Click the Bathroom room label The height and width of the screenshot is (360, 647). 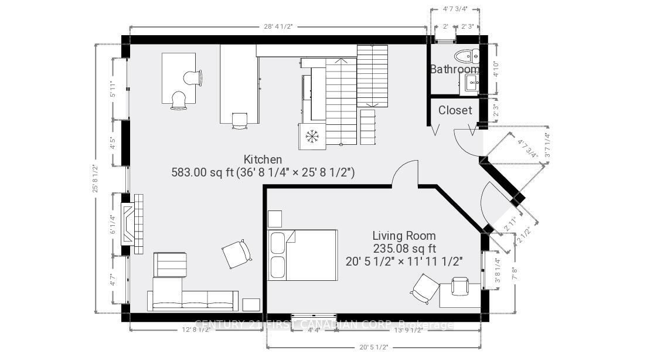coord(455,69)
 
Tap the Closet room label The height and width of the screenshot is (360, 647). coord(455,110)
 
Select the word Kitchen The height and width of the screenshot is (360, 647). coord(263,159)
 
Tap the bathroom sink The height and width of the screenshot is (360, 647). coord(472,84)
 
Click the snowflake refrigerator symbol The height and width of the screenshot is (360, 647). coord(312,137)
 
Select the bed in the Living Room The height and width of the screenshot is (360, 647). coord(302,254)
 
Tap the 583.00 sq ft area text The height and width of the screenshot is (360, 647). coord(263,172)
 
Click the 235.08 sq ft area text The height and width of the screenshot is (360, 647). coord(404,248)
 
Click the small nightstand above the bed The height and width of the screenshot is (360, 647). coord(275,219)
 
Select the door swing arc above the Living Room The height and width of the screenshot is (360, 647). coord(404,174)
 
